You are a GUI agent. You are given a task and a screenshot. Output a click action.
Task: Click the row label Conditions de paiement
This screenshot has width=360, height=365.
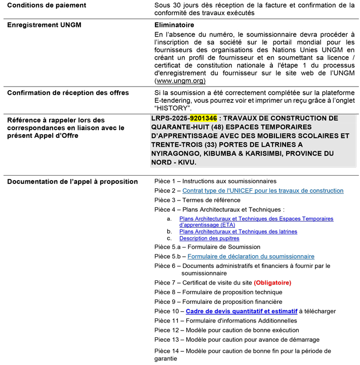(x=47, y=6)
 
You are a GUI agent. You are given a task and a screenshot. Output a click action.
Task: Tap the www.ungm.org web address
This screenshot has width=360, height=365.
(x=180, y=80)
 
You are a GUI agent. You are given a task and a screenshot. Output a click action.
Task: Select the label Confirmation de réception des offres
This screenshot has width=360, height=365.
(x=68, y=93)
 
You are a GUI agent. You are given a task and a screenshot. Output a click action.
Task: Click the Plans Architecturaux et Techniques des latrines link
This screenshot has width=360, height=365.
(x=238, y=231)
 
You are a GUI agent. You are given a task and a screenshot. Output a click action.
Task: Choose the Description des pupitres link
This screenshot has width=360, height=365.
(x=209, y=238)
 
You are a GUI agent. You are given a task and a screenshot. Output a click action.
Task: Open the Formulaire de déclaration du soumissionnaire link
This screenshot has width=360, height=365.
(x=251, y=257)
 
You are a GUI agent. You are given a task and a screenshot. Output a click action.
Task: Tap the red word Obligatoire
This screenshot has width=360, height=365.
(x=272, y=282)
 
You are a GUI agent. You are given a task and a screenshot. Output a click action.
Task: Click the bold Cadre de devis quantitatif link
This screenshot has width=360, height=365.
(x=242, y=311)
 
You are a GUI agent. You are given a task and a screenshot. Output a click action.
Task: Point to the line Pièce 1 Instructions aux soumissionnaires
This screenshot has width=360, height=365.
(x=215, y=181)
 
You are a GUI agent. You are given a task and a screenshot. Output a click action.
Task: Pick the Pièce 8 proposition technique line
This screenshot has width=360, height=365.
(x=218, y=292)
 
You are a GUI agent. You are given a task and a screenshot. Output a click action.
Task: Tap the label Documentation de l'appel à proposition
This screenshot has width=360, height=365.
(x=65, y=182)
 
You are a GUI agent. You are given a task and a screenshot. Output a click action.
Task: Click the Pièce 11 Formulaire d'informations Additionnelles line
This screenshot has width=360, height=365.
(x=225, y=320)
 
